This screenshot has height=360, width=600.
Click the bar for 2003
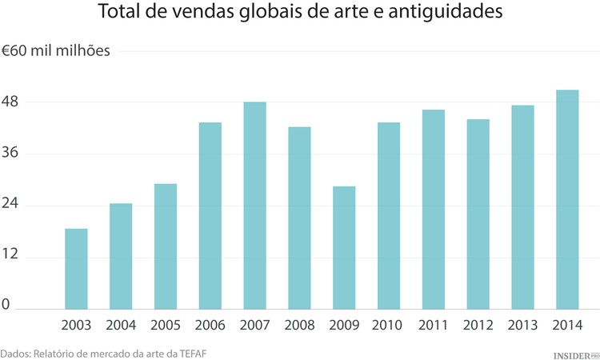tap(76, 269)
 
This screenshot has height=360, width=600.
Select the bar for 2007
tap(254, 206)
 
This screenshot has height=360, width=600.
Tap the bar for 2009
tap(344, 248)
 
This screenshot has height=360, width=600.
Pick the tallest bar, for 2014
tap(567, 200)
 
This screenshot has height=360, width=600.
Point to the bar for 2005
tap(166, 246)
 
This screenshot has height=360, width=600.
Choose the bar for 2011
tap(434, 210)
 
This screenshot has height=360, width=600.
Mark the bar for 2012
tap(478, 214)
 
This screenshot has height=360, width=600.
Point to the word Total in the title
tap(119, 14)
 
